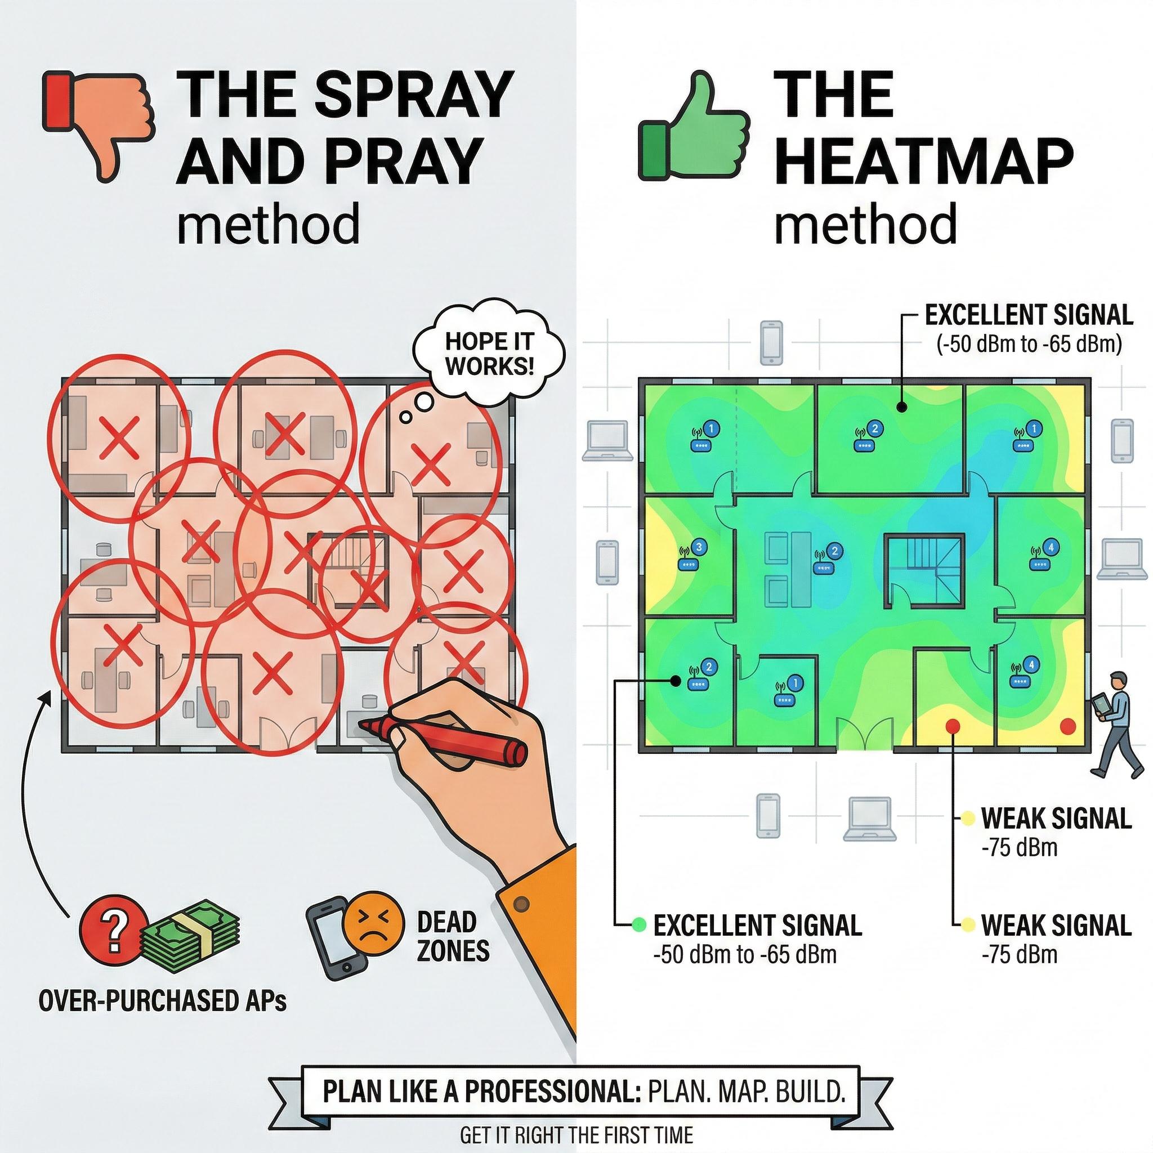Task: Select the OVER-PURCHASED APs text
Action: (162, 1001)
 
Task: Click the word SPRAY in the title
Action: (414, 94)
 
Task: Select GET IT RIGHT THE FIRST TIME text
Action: (576, 1134)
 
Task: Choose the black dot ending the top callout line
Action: (902, 407)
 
